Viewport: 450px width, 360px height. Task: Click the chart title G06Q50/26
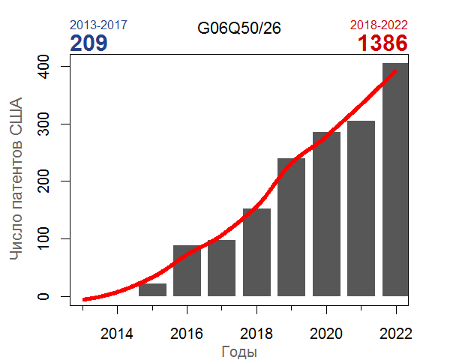pyautogui.click(x=239, y=28)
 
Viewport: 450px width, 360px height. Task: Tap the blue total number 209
pyautogui.click(x=88, y=43)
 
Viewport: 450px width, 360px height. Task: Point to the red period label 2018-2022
pyautogui.click(x=379, y=25)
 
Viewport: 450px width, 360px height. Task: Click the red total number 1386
pyautogui.click(x=382, y=43)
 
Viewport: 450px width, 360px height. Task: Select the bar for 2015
pyautogui.click(x=152, y=289)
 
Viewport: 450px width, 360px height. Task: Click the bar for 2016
pyautogui.click(x=187, y=271)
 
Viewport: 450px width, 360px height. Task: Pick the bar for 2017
pyautogui.click(x=222, y=268)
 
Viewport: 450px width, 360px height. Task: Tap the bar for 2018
pyautogui.click(x=256, y=252)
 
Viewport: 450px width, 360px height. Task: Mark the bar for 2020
pyautogui.click(x=326, y=214)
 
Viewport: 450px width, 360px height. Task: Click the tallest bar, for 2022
pyautogui.click(x=396, y=180)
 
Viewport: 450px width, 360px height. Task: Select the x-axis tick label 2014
pyautogui.click(x=117, y=332)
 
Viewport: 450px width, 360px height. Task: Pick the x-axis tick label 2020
pyautogui.click(x=326, y=332)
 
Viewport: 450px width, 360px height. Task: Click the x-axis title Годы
pyautogui.click(x=240, y=351)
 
